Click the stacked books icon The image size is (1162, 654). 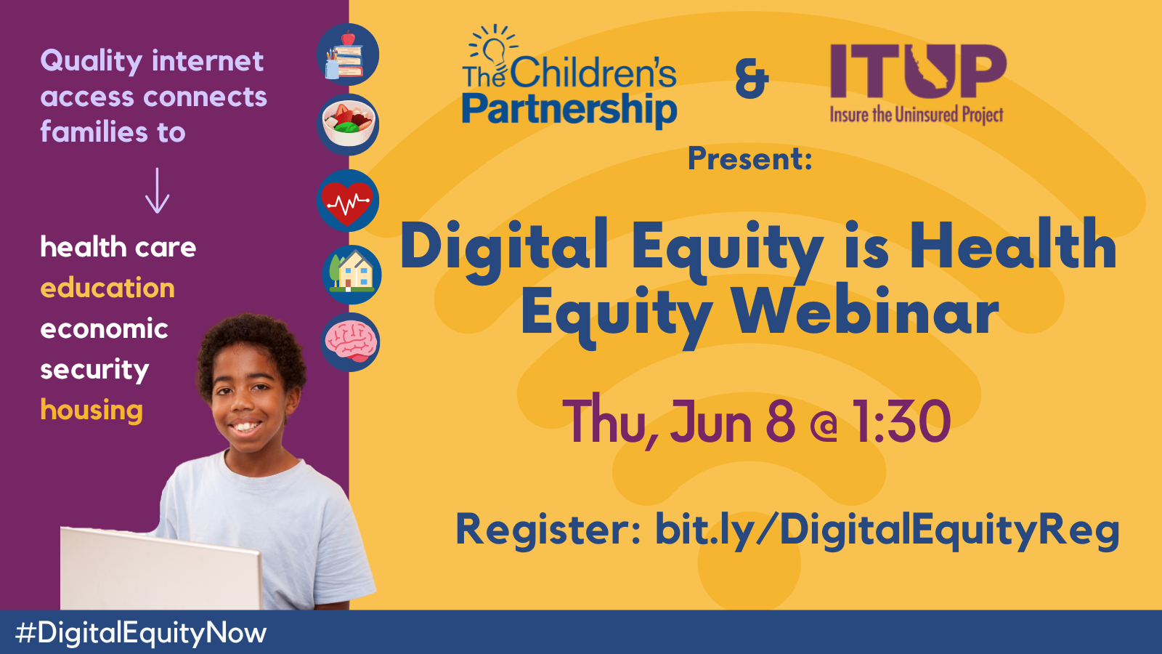(348, 54)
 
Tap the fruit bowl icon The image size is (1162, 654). (348, 124)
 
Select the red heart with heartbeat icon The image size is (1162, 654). (348, 201)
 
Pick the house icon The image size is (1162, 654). (352, 275)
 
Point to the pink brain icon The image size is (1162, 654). (350, 342)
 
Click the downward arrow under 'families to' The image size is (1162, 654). (157, 190)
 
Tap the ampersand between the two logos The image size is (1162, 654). (752, 81)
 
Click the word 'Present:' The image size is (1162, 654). (750, 159)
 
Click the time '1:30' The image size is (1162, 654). (902, 421)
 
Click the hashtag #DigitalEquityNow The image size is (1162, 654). (141, 633)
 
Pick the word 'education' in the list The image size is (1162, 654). (107, 288)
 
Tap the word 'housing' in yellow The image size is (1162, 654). (92, 410)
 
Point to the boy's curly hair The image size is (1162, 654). (251, 345)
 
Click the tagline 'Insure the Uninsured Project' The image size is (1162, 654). (917, 114)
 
